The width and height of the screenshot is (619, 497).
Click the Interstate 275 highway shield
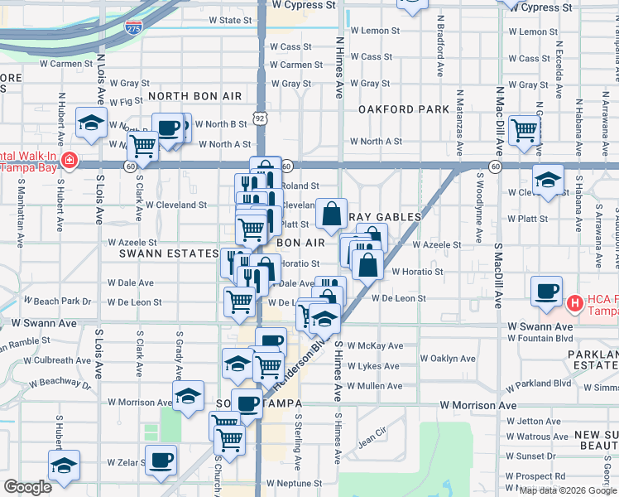(133, 28)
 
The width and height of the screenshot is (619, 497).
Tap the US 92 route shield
(261, 118)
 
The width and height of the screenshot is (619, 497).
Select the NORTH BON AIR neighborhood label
(194, 96)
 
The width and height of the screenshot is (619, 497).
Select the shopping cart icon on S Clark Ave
(143, 146)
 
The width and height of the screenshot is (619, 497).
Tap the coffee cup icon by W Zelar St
(161, 459)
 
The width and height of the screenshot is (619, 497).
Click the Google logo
(27, 487)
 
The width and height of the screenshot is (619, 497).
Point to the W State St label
(229, 20)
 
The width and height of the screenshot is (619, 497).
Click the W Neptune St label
(294, 483)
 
